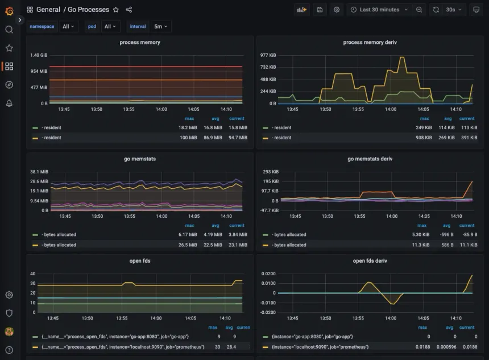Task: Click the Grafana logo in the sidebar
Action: point(9,11)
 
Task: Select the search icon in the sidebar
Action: point(9,30)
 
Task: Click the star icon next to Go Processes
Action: point(116,10)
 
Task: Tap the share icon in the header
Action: point(129,10)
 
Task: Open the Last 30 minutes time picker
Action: point(379,10)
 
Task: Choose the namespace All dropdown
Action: point(68,27)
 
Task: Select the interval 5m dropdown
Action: point(161,27)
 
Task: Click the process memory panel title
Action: point(140,43)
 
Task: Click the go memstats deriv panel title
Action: point(370,159)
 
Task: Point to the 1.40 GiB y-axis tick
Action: point(39,55)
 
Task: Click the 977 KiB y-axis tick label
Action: point(268,55)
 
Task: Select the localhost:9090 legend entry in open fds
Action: point(114,346)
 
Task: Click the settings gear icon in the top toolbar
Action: point(337,10)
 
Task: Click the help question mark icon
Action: point(9,350)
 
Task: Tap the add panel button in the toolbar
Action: point(301,10)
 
